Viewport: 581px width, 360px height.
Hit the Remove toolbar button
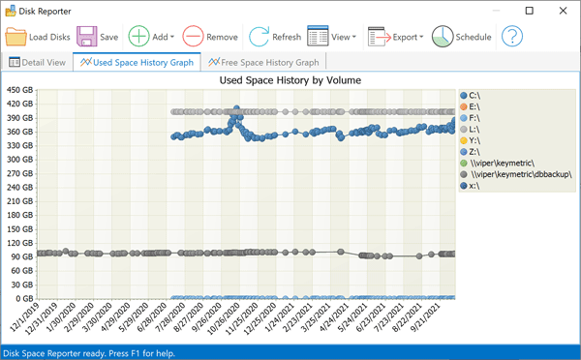[x=208, y=38]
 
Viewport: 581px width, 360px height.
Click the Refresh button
[x=275, y=38]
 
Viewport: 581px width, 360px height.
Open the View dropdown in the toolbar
[x=332, y=38]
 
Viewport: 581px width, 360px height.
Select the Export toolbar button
[x=397, y=38]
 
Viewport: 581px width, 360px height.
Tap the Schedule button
[x=462, y=38]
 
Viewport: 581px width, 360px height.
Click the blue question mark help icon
[x=511, y=38]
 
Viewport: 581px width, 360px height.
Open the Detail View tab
[x=39, y=63]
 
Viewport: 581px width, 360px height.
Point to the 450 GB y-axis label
[x=19, y=91]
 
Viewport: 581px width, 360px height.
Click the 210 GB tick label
[x=19, y=201]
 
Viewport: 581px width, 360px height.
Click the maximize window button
[x=529, y=11]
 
